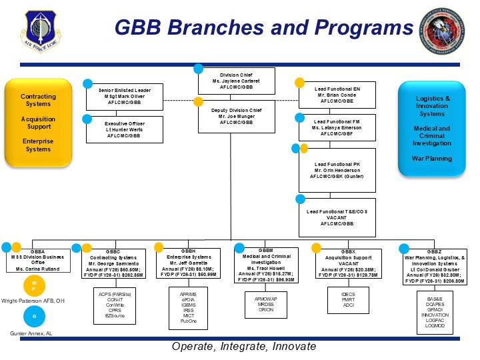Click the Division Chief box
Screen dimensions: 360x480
pos(236,81)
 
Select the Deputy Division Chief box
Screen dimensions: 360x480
pos(236,116)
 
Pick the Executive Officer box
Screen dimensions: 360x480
pos(125,129)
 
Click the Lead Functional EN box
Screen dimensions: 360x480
pos(337,95)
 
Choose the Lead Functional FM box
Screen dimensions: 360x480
pos(337,127)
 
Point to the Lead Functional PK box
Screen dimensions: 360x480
pos(337,169)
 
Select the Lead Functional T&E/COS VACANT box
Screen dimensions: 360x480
pos(337,217)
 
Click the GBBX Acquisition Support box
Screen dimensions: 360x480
pos(347,264)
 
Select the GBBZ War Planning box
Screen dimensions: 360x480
pos(434,264)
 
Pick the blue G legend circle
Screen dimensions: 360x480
pos(35,315)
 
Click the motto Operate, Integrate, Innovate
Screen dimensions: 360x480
pos(243,347)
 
